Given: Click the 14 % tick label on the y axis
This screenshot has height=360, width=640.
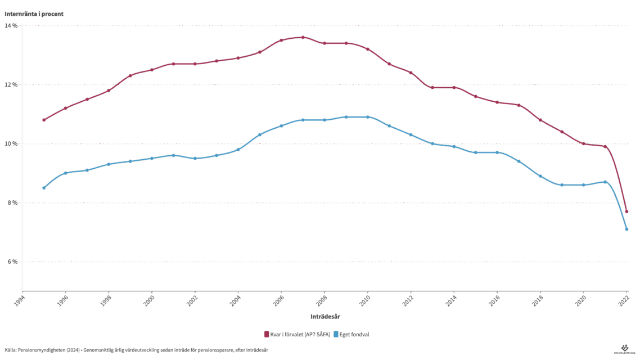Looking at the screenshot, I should tap(11, 26).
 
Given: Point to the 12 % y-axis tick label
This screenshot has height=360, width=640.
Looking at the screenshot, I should tap(11, 85).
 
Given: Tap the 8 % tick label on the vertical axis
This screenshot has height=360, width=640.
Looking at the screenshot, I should tap(12, 202).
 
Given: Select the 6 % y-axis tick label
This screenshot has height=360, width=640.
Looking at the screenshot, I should tap(12, 262).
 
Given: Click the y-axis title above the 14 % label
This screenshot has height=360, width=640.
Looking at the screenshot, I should tap(34, 14).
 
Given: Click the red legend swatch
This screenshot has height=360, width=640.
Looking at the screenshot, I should tap(267, 334).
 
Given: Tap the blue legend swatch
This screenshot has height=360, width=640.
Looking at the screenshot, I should tap(336, 334).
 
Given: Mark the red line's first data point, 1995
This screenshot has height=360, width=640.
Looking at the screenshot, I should tap(44, 120).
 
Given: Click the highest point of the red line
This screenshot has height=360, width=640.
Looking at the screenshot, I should tap(303, 37).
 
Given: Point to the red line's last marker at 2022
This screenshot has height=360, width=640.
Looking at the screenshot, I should tap(627, 211).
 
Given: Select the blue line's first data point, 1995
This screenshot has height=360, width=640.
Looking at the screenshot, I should tap(44, 188).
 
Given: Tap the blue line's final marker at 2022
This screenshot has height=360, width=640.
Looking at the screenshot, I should tap(627, 229).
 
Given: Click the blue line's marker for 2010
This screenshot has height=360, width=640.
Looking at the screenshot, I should tap(368, 117).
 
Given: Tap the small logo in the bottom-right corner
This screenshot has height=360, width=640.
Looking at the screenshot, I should tap(624, 349).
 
